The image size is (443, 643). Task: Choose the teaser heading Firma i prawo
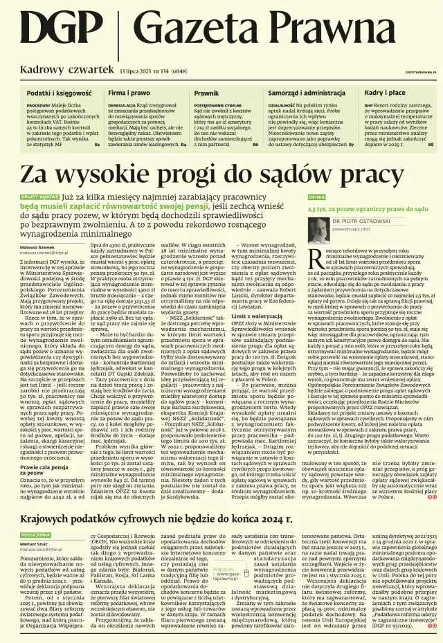pyautogui.click(x=128, y=92)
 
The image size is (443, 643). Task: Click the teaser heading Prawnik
pyautogui.click(x=206, y=92)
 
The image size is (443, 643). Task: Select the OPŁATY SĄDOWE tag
pyautogui.click(x=40, y=197)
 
